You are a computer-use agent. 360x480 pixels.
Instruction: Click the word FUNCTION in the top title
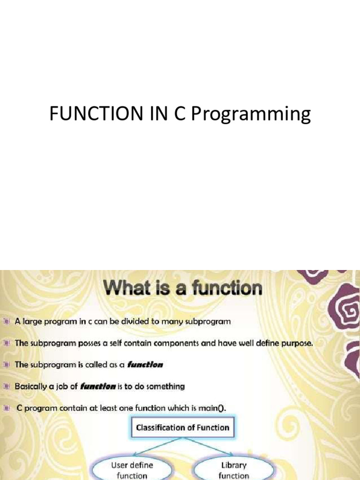coord(96,113)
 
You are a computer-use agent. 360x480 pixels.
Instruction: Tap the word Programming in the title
coord(251,114)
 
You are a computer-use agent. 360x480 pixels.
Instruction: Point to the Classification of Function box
coord(183,427)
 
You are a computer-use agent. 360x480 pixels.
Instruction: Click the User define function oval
coord(132,469)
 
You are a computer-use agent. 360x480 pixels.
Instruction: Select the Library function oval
coord(233,469)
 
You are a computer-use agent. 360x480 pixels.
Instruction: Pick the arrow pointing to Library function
coord(208,446)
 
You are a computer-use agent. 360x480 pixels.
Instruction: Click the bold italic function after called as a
coord(145,365)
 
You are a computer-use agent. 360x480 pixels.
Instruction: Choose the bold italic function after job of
coord(98,386)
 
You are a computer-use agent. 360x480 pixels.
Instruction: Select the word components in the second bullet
coord(176,344)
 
